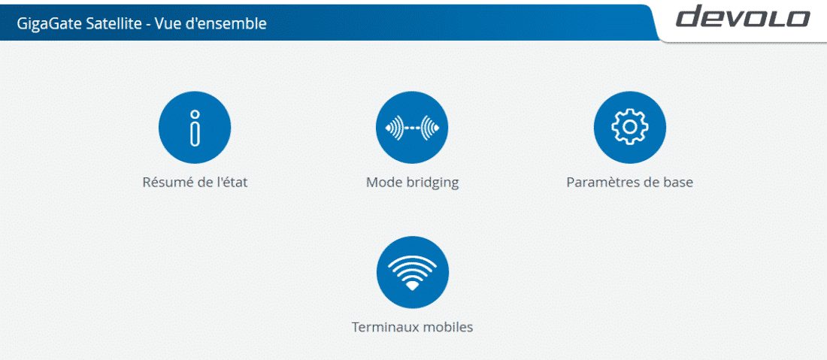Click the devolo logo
pos(743,17)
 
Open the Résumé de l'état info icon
pos(195,128)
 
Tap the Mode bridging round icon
pos(412,128)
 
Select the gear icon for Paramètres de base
pos(630,128)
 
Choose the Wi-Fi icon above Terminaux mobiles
pos(413,272)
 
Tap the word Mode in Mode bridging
pos(383,183)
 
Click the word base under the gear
pos(679,183)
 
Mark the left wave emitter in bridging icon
pos(395,128)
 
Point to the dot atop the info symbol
pos(195,113)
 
